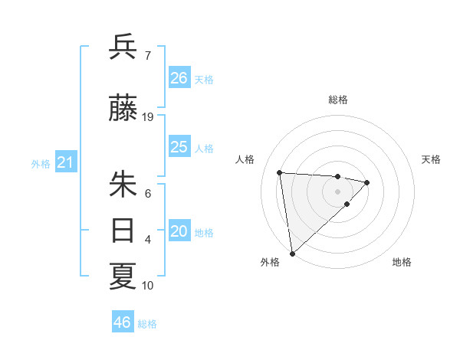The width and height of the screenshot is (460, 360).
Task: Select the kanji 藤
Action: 123,110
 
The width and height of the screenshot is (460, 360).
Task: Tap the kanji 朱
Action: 123,185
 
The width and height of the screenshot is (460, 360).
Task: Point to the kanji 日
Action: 123,230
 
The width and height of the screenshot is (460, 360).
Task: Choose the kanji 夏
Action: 123,277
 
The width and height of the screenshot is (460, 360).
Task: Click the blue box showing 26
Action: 179,77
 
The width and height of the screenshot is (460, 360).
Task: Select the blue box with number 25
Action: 179,147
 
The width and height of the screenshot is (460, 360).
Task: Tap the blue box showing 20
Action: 179,232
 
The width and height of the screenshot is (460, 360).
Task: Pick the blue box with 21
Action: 65,162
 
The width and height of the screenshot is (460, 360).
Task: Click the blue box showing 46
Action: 123,322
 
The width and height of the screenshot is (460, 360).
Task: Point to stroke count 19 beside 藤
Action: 148,117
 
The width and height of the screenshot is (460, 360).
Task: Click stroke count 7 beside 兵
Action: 148,55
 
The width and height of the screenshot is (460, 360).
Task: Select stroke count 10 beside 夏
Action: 148,286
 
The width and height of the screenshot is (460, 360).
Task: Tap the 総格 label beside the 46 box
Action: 147,324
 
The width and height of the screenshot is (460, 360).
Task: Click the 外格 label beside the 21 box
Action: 41,163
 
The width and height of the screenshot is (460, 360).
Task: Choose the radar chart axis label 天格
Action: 432,159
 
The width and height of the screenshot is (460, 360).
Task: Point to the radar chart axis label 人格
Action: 245,159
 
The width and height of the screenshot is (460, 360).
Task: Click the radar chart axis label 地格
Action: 402,262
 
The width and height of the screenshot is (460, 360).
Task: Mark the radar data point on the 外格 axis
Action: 292,253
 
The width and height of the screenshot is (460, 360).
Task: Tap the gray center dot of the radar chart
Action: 337,191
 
